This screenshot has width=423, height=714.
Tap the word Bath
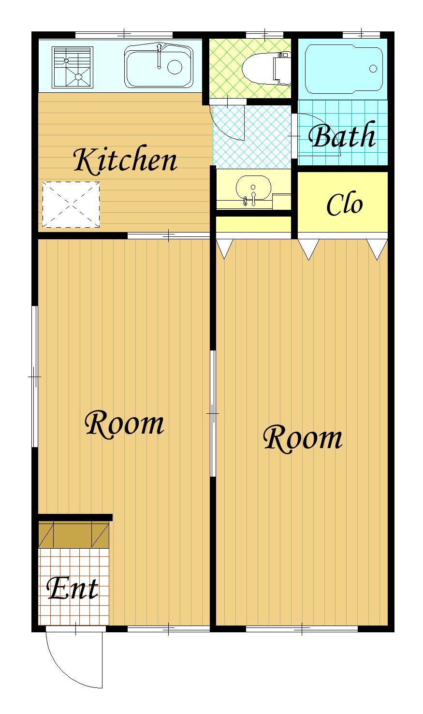(x=342, y=135)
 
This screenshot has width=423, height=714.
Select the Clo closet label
(x=345, y=204)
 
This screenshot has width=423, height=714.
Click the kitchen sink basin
(x=159, y=66)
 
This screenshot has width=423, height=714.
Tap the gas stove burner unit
(x=73, y=67)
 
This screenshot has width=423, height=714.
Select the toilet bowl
(x=266, y=69)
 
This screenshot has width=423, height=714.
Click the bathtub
(x=344, y=69)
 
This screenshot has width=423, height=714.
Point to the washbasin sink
(x=253, y=189)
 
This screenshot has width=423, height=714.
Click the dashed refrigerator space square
(x=71, y=204)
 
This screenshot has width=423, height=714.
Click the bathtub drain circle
(x=373, y=69)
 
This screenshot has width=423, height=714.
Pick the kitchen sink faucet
(x=159, y=56)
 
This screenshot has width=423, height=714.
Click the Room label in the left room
(x=124, y=424)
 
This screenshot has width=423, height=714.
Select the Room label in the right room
(x=303, y=438)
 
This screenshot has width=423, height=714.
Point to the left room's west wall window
(x=35, y=377)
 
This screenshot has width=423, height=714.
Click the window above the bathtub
(x=361, y=34)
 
